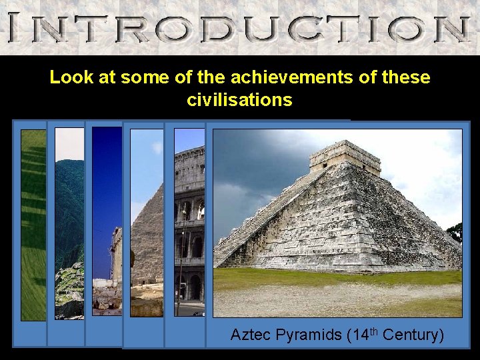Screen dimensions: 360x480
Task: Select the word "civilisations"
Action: coord(239,101)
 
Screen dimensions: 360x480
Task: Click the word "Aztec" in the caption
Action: coord(249,335)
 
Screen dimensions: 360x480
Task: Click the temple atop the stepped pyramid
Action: coord(345,154)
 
